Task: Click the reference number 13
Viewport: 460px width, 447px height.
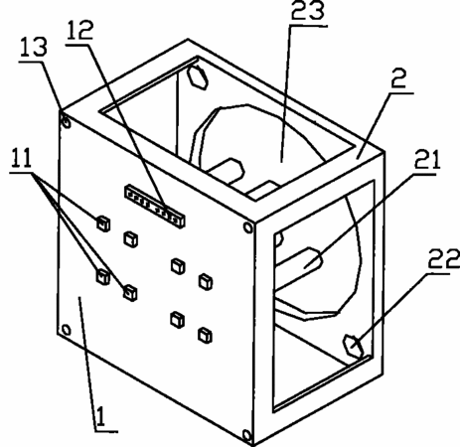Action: (x=34, y=48)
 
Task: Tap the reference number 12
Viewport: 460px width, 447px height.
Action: (x=79, y=30)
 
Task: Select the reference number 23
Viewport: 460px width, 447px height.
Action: (x=308, y=10)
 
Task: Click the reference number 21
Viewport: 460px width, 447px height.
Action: (x=427, y=160)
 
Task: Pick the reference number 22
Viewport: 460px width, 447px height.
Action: (x=444, y=259)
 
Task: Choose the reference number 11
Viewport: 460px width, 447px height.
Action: (x=22, y=158)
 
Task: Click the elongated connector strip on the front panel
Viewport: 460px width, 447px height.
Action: (x=155, y=207)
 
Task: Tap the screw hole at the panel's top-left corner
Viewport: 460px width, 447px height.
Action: (x=67, y=123)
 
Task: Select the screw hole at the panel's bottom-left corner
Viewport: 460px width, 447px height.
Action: (x=66, y=330)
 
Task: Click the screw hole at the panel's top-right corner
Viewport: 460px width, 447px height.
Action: (x=247, y=227)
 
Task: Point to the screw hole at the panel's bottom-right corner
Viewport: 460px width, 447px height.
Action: (x=246, y=434)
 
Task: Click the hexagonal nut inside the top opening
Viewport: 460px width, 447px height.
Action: (x=198, y=77)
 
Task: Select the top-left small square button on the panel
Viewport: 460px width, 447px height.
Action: (x=103, y=223)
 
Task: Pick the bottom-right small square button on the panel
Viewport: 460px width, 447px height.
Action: (x=205, y=335)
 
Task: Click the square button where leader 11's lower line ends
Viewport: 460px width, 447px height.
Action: (x=130, y=293)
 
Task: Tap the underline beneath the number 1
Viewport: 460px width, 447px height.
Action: (x=106, y=431)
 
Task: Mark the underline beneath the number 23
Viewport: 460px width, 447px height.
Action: (x=308, y=26)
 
